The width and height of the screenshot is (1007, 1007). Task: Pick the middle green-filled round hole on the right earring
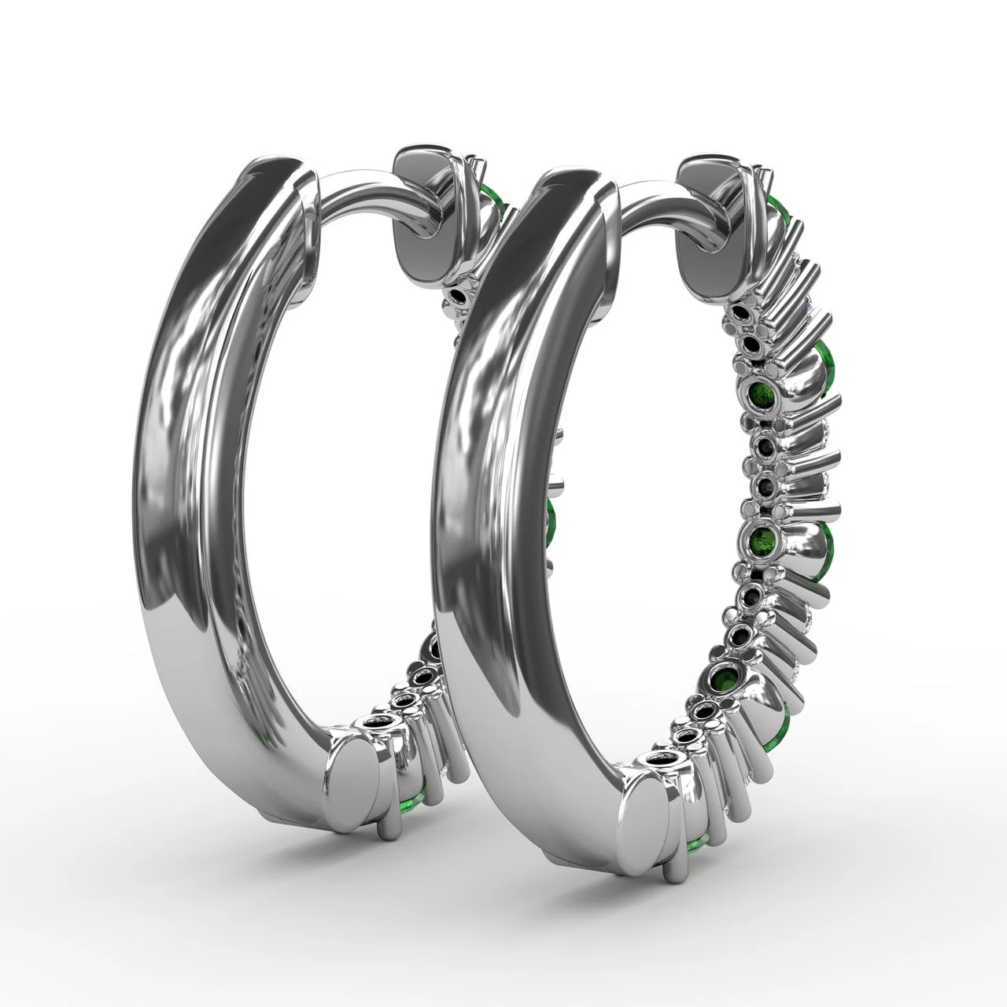763,540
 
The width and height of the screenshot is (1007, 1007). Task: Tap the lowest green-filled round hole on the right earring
724,677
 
